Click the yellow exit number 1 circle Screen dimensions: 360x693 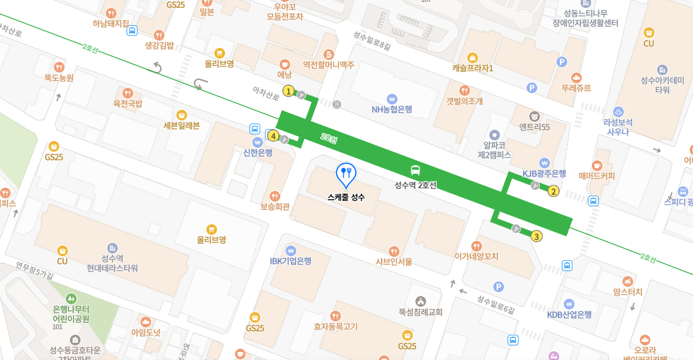pos(288,91)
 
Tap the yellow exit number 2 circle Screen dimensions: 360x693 pos(553,192)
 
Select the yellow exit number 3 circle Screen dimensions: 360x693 pos(537,235)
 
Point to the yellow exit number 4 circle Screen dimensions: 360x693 pos(274,136)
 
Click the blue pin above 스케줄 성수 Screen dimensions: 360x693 pos(346,174)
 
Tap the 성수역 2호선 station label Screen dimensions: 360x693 pos(415,185)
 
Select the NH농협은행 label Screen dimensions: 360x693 pos(392,109)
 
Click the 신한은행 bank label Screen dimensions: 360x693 pos(258,153)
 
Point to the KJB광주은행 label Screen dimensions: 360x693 pos(544,174)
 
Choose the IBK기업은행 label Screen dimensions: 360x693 pos(290,261)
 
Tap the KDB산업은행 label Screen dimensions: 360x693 pos(569,315)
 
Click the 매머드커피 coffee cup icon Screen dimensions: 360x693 pos(597,164)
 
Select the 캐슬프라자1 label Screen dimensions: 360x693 pos(473,68)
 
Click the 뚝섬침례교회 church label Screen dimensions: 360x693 pos(420,311)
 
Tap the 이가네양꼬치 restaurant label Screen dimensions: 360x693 pos(476,256)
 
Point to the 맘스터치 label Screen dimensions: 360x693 pos(628,291)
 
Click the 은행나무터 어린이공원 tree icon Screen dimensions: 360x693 pos(71,297)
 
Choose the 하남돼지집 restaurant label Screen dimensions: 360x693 pos(111,23)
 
